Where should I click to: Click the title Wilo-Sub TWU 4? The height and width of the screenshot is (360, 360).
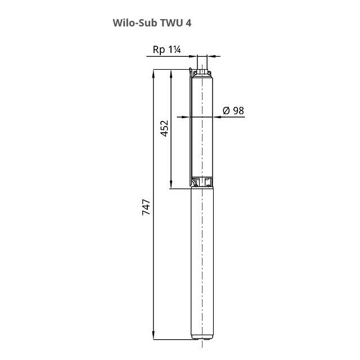(152, 23)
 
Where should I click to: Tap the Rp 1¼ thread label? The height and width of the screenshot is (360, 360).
(166, 49)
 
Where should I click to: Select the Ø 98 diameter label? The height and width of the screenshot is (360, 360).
(233, 111)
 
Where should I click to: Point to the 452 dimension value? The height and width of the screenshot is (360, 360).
(164, 129)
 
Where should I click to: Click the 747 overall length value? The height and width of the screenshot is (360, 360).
(146, 207)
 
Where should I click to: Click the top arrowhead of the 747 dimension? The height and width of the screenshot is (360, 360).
(154, 74)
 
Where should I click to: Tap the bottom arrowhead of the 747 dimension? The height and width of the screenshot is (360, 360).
(154, 335)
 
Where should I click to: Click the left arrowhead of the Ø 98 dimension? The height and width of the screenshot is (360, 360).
(186, 117)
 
